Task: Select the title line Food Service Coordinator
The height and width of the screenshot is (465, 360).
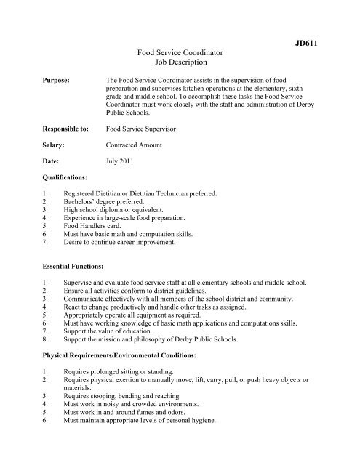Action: pos(180,54)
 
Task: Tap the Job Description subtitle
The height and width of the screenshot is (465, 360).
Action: pos(180,63)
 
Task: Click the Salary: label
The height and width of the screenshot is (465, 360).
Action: pos(56,145)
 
